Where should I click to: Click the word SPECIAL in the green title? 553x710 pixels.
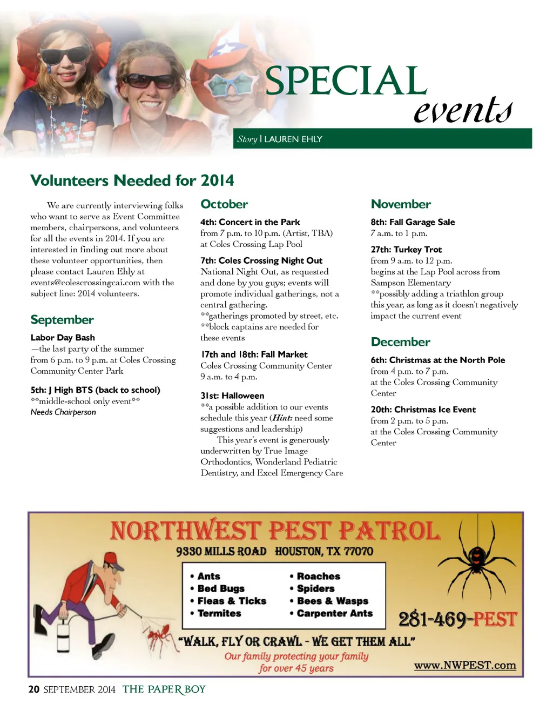(x=346, y=81)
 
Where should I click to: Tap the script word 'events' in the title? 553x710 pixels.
(x=462, y=110)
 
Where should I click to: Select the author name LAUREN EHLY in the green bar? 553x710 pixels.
(x=293, y=139)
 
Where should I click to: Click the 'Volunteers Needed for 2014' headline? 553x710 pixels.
(x=132, y=180)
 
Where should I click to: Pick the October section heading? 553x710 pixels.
(x=224, y=204)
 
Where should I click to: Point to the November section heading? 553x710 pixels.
(x=401, y=204)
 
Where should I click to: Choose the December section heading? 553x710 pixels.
(x=400, y=342)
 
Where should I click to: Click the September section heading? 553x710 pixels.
(x=62, y=320)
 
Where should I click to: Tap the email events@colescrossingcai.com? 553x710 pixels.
(x=85, y=283)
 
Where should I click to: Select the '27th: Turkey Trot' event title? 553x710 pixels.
(x=406, y=250)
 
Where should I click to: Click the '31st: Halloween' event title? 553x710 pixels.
(x=232, y=396)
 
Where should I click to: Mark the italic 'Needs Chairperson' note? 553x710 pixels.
(x=63, y=412)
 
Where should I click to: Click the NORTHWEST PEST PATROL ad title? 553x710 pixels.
(x=275, y=531)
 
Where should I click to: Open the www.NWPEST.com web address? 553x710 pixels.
(x=464, y=665)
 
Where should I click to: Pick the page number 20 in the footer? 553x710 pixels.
(x=34, y=689)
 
